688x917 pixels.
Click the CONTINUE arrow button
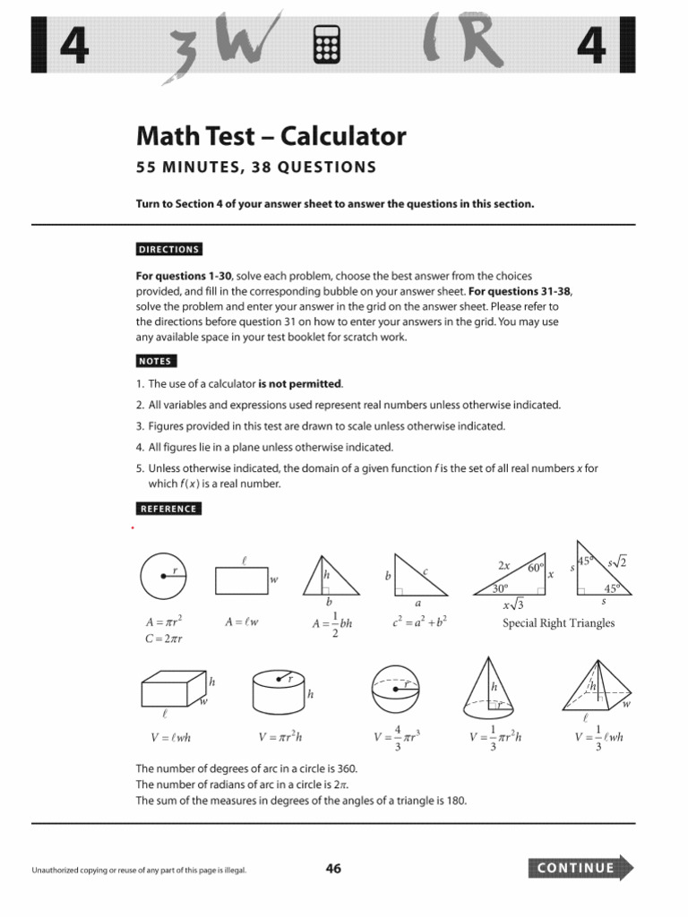pyautogui.click(x=581, y=868)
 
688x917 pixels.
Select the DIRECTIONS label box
pyautogui.click(x=168, y=249)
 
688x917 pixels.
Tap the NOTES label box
pyautogui.click(x=155, y=361)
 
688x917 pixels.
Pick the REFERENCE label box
pyautogui.click(x=168, y=509)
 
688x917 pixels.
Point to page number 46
pyautogui.click(x=333, y=868)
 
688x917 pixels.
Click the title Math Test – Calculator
pyautogui.click(x=271, y=136)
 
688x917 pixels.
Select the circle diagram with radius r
pyautogui.click(x=163, y=577)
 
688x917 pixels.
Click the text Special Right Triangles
pyautogui.click(x=558, y=623)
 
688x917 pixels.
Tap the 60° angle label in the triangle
pyautogui.click(x=536, y=568)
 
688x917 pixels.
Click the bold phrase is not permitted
pyautogui.click(x=300, y=383)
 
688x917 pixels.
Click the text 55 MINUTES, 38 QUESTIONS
pyautogui.click(x=256, y=167)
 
